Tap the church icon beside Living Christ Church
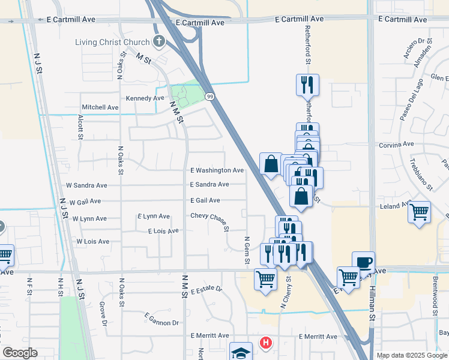158,41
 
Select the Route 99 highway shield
209,96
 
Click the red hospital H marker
265,343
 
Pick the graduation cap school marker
241,352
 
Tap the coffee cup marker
363,262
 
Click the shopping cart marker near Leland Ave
419,212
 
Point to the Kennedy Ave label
145,98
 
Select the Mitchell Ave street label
100,107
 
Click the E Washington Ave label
217,170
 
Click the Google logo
20,353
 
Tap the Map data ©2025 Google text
411,355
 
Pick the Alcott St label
80,128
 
